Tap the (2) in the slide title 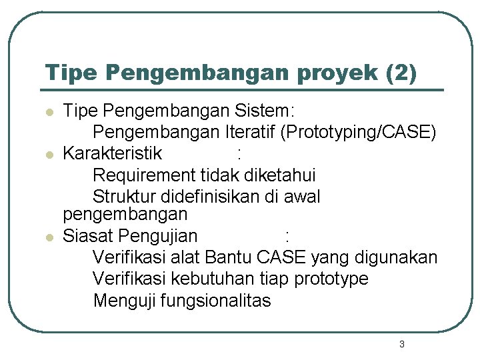[x=402, y=73]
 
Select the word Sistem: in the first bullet [x=273, y=111]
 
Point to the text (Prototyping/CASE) [x=359, y=132]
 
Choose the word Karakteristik [x=112, y=154]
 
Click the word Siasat [x=89, y=236]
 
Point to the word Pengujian [x=159, y=236]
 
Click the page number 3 [x=401, y=345]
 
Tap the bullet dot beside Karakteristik [x=48, y=155]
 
